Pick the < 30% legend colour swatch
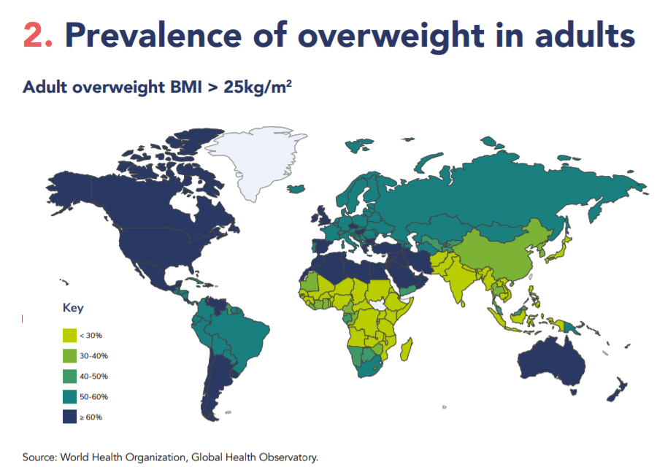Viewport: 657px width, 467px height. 70,335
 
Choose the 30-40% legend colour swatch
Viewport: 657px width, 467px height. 70,355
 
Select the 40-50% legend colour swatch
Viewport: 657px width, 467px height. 70,376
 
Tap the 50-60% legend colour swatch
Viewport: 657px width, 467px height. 70,396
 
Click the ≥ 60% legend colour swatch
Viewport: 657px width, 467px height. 70,417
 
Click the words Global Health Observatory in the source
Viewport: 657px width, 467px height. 255,458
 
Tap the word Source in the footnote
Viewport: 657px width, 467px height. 39,458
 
